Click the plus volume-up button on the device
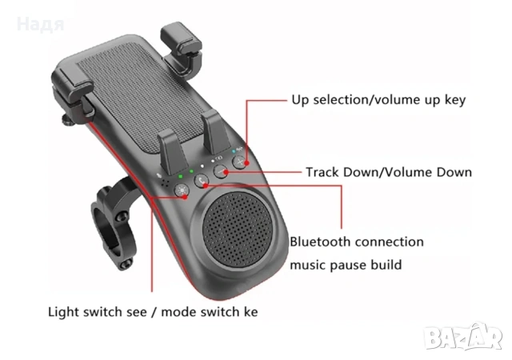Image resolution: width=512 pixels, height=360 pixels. [x=240, y=162]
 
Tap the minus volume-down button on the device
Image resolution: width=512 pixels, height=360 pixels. [x=221, y=171]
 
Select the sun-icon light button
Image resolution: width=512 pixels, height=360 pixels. [x=182, y=190]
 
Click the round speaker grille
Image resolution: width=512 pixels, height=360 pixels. [x=238, y=228]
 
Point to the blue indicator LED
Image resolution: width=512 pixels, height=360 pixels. [x=234, y=151]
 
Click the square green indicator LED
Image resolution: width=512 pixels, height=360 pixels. [x=180, y=177]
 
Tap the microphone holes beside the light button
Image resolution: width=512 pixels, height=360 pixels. [x=166, y=183]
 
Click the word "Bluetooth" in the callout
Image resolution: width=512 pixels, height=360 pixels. [x=320, y=242]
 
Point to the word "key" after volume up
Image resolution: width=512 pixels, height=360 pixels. [x=455, y=100]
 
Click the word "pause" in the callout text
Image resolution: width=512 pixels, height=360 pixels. [x=348, y=265]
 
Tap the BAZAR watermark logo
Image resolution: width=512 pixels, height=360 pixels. [x=463, y=337]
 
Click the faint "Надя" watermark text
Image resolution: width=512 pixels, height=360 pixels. [x=41, y=25]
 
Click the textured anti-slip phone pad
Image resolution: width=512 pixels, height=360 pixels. [x=140, y=98]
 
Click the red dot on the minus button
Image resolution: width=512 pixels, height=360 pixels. [x=226, y=172]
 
